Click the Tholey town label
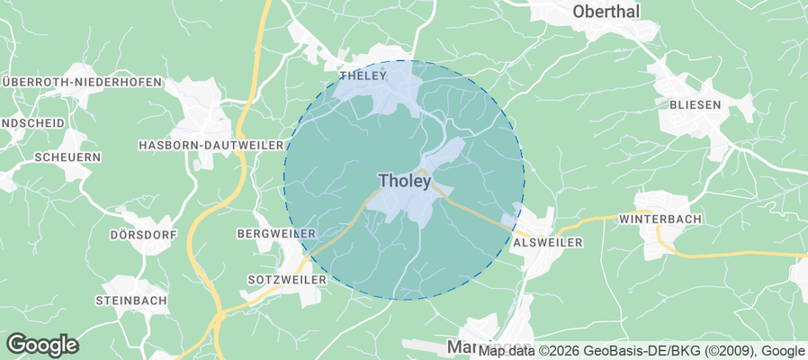[405, 181]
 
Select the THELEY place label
[362, 76]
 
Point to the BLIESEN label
[696, 104]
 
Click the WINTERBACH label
[661, 219]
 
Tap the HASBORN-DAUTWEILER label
[211, 145]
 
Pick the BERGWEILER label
[275, 234]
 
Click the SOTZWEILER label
[278, 280]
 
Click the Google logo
[42, 344]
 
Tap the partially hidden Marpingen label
[462, 346]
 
